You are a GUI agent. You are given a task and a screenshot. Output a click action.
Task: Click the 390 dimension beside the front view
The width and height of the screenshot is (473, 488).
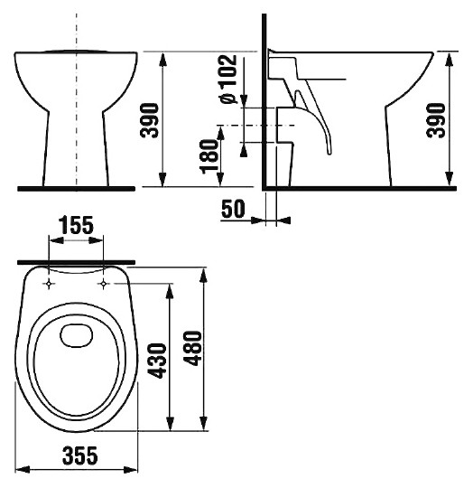click(150, 120)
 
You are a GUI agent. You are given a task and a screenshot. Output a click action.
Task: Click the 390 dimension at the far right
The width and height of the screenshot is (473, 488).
click(436, 120)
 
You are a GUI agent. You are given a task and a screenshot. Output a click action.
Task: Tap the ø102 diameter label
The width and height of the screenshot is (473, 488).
click(228, 79)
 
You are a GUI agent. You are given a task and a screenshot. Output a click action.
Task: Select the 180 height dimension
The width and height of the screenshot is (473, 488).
click(209, 156)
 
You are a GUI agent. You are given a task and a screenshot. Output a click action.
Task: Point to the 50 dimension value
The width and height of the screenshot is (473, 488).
click(233, 209)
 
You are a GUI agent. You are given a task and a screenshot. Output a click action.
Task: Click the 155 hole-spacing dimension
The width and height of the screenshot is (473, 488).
click(76, 225)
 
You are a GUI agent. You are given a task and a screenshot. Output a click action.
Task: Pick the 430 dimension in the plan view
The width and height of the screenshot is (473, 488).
click(158, 361)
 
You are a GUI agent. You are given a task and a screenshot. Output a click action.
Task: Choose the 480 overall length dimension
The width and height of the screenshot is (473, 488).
click(192, 348)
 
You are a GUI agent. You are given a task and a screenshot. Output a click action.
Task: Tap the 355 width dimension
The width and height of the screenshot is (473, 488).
click(79, 455)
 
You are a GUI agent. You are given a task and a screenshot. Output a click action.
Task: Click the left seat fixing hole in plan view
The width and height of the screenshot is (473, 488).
click(49, 284)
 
